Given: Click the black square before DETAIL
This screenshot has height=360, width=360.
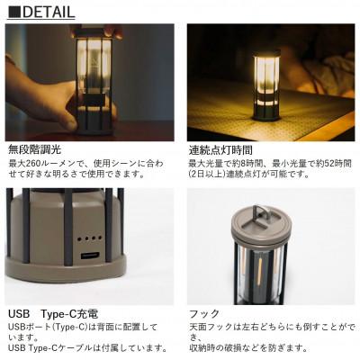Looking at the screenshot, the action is [14, 12].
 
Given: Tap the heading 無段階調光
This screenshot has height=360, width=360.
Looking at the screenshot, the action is [35, 149].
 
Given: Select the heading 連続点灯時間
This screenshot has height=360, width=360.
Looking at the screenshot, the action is [220, 149].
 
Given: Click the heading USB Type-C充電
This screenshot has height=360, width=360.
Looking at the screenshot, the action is [53, 314].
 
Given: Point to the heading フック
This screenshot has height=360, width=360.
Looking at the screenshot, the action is [204, 314].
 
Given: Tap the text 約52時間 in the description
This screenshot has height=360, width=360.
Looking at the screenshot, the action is [331, 164].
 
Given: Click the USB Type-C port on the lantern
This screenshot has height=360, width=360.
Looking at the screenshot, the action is [90, 256].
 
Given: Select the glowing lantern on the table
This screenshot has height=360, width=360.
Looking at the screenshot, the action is [266, 85].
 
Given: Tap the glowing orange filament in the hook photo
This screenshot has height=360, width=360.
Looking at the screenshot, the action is [260, 267].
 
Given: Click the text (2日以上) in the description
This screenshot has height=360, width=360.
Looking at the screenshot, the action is [207, 174].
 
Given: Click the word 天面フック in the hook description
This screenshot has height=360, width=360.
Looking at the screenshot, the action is [211, 327].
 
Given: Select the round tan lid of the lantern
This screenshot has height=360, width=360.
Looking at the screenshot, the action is [260, 222].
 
